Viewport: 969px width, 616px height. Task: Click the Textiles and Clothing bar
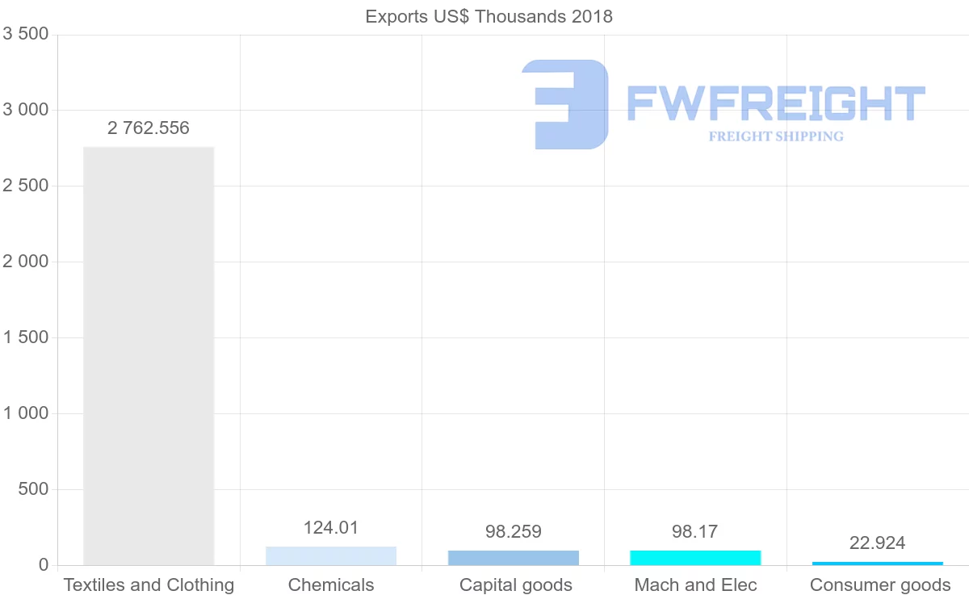149,355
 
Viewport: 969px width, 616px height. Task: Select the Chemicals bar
331,556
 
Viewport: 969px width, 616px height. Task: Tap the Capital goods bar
514,558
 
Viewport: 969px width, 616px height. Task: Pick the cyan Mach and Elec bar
695,558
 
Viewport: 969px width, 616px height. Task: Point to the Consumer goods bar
878,563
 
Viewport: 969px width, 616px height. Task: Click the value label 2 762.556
149,128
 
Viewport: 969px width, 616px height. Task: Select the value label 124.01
331,528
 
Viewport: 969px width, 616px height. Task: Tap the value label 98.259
514,532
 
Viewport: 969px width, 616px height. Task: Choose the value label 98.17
695,532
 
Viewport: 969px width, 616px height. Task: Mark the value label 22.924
878,543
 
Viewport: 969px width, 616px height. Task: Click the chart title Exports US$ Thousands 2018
489,16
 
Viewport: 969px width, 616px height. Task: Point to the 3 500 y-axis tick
26,34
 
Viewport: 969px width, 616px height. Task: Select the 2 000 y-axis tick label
26,262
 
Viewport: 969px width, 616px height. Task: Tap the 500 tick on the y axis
32,489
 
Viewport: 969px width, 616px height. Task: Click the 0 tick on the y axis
43,565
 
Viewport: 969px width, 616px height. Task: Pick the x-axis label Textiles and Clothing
149,585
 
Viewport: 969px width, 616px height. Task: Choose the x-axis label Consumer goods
880,585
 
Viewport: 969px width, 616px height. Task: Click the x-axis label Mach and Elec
695,585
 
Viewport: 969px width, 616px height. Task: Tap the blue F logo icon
565,104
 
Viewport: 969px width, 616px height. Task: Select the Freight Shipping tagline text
776,136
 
